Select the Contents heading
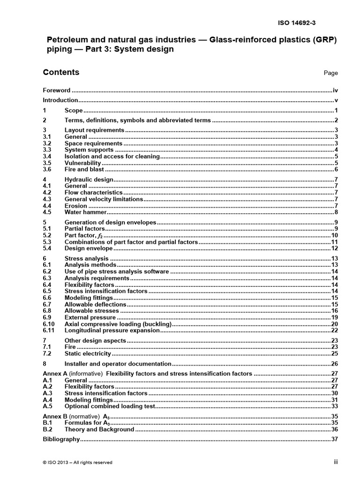(x=61, y=72)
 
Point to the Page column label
(x=330, y=73)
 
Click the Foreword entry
(x=57, y=90)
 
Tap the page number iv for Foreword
(x=335, y=90)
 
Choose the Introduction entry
(x=60, y=100)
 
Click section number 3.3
(x=46, y=150)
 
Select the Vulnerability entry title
(x=82, y=163)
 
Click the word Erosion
(x=75, y=206)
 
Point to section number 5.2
(x=46, y=235)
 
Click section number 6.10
(x=48, y=324)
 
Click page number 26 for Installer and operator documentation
(x=335, y=364)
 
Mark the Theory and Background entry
(x=99, y=429)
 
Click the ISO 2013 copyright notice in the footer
(x=77, y=462)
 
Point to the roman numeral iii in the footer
(x=336, y=462)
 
